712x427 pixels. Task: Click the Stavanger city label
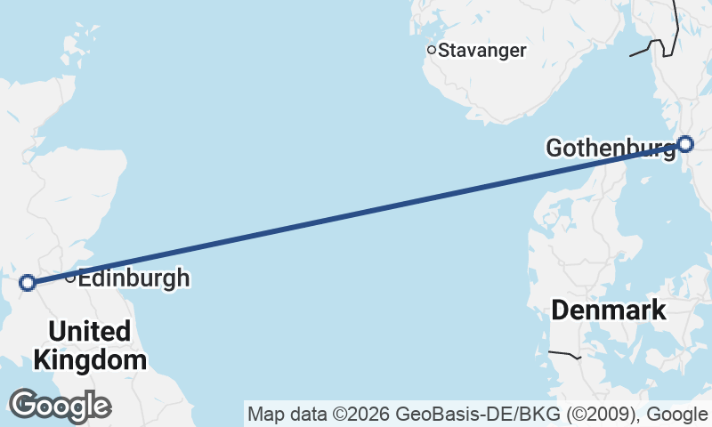tap(482, 51)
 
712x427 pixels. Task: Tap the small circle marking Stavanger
tap(432, 50)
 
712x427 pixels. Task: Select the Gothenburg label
tap(610, 148)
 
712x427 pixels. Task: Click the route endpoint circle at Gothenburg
tap(684, 143)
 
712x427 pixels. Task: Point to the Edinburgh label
tap(133, 278)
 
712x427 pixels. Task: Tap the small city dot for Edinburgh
tap(71, 277)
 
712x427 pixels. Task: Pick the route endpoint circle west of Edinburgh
tap(28, 283)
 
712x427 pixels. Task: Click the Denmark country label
tap(608, 310)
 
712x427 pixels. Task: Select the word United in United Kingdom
tap(89, 332)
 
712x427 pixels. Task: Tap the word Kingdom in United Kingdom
tap(89, 360)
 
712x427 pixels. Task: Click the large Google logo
tap(60, 406)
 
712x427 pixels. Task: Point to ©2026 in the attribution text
tap(360, 414)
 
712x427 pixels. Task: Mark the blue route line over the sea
tap(356, 213)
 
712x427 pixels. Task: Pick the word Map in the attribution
tap(263, 414)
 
